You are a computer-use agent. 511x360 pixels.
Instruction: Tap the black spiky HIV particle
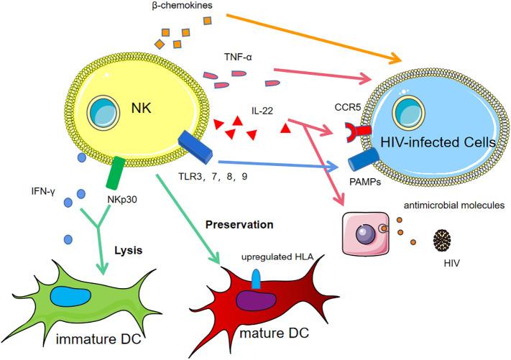pyautogui.click(x=447, y=239)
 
